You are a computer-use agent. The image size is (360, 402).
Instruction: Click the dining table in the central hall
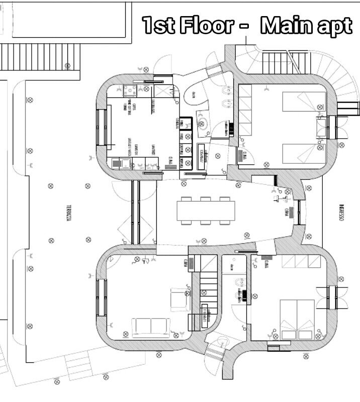[205, 210]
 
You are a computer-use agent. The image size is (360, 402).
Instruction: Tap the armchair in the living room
[179, 298]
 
